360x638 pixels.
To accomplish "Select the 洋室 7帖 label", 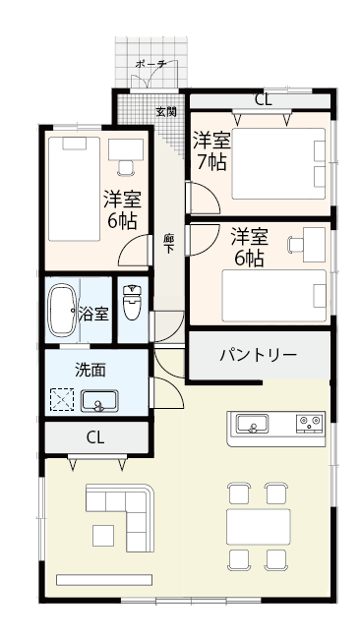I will [210, 150].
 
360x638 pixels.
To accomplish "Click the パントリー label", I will [258, 354].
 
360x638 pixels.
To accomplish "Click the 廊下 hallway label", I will [169, 243].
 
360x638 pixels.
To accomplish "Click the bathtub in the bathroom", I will [63, 312].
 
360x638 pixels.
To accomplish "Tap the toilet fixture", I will [133, 300].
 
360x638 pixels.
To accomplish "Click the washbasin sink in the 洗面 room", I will [98, 400].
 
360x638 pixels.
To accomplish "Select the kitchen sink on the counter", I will [254, 425].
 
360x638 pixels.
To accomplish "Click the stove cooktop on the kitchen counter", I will [311, 424].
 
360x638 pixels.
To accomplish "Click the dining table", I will [259, 526].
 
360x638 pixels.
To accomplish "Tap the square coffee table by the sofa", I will [102, 535].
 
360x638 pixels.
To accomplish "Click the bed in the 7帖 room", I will [279, 158].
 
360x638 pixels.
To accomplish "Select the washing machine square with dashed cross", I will [63, 400].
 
